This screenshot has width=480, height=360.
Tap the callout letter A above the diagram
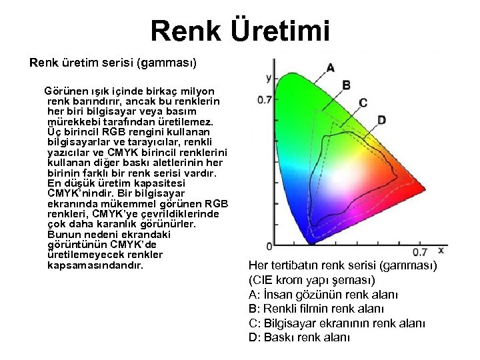click(x=331, y=67)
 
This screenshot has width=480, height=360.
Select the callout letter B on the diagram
click(x=347, y=85)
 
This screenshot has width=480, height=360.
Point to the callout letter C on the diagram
click(x=363, y=102)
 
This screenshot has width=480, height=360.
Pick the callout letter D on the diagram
click(x=381, y=120)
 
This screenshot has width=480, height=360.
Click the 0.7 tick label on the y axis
click(x=264, y=99)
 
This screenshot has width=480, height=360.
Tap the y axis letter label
click(x=268, y=78)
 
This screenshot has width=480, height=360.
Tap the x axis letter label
click(x=441, y=250)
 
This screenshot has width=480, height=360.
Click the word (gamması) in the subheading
click(x=166, y=64)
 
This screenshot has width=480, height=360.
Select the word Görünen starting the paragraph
click(x=65, y=90)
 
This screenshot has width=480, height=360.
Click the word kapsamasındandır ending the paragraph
click(x=95, y=265)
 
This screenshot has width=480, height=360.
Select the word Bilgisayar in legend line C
click(x=289, y=323)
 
